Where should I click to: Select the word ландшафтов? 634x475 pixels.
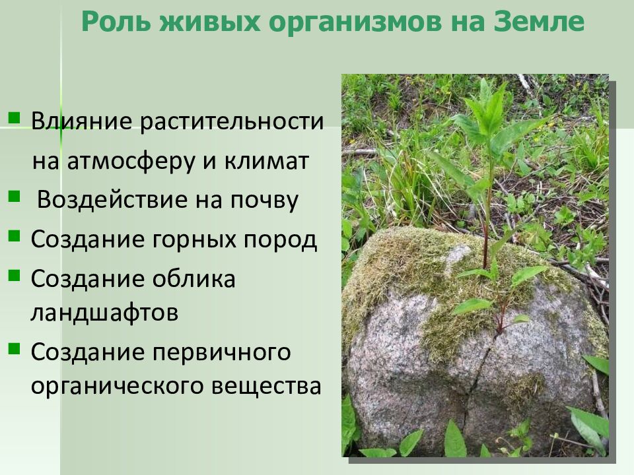[x=104, y=311]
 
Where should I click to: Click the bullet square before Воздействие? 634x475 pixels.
[x=14, y=196]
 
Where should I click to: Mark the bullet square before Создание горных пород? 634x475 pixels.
[x=14, y=236]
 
